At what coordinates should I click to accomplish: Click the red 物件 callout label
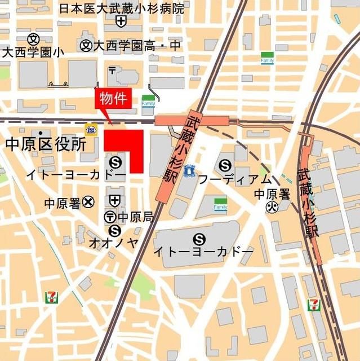click(x=115, y=99)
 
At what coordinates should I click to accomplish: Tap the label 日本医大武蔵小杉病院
click(x=122, y=8)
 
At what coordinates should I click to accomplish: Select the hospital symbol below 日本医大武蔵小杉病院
click(x=121, y=21)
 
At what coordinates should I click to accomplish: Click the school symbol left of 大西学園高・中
click(x=86, y=45)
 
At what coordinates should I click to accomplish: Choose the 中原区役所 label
click(x=46, y=144)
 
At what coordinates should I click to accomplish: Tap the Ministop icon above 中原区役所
click(x=90, y=129)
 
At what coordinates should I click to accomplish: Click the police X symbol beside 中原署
click(x=88, y=201)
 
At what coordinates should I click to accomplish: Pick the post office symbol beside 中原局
click(x=110, y=217)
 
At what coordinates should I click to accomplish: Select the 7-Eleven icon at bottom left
click(x=52, y=296)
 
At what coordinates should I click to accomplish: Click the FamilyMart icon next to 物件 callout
click(x=148, y=100)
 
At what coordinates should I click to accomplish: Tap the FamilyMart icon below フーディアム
click(x=220, y=204)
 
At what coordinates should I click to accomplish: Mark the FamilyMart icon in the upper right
click(x=267, y=58)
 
